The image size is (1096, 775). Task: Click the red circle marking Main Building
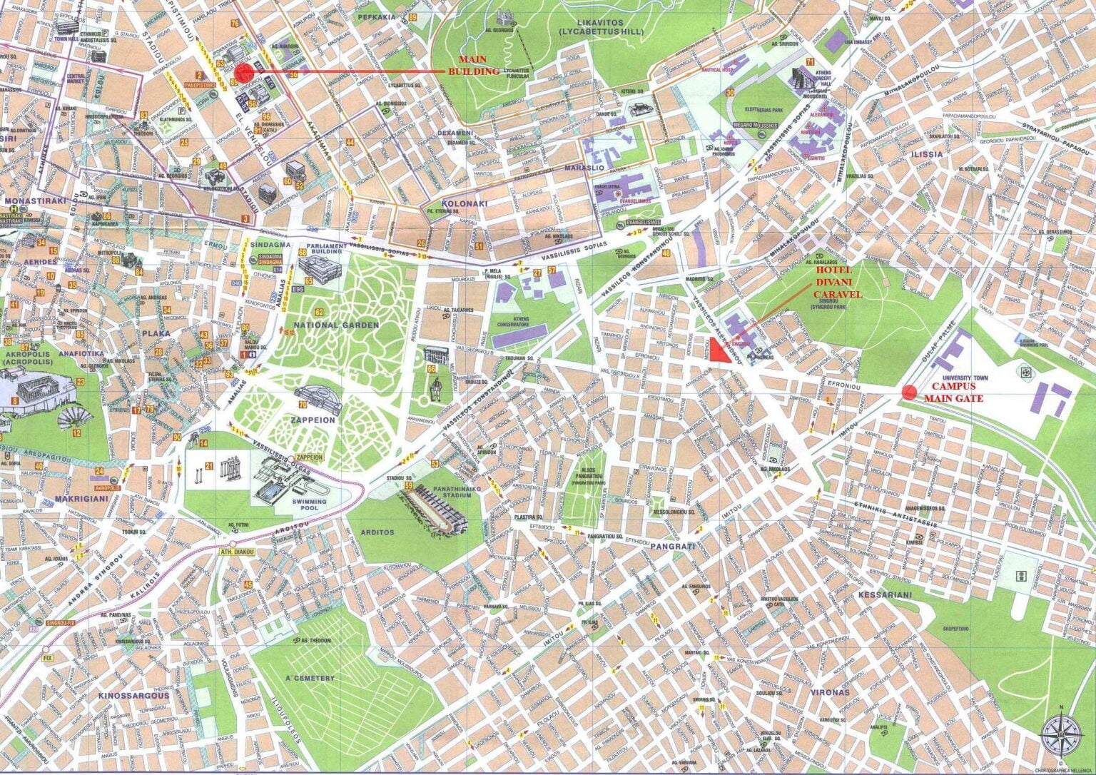243,71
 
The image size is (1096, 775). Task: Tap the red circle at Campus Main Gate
908,391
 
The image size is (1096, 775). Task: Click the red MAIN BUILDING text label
479,65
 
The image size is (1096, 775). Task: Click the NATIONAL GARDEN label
345,325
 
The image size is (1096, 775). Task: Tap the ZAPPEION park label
312,420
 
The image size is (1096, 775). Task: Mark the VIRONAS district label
830,692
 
